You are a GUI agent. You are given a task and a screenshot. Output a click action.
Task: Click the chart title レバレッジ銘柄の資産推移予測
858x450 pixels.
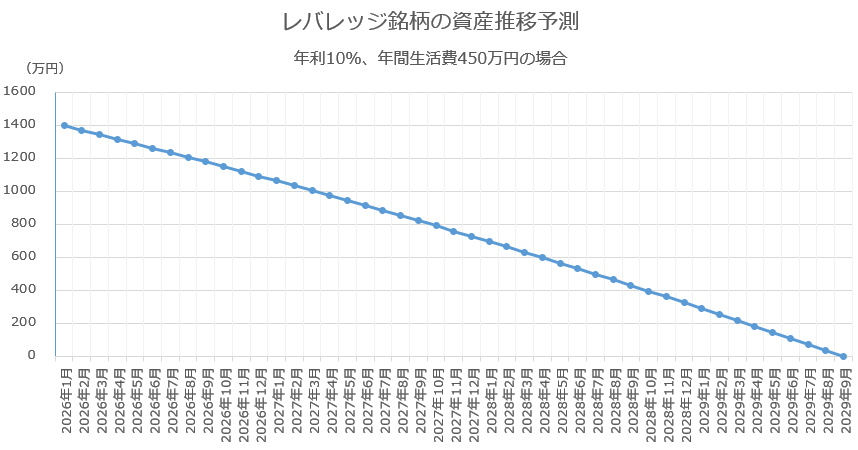[x=430, y=22]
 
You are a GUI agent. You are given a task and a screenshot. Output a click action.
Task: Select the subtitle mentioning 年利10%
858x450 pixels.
[x=430, y=58]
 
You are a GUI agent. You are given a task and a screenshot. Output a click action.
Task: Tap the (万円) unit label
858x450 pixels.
[x=44, y=68]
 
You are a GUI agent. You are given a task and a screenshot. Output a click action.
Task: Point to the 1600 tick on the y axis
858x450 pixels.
[x=19, y=91]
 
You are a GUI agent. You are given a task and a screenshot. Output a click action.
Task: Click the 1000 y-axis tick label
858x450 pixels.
[x=19, y=190]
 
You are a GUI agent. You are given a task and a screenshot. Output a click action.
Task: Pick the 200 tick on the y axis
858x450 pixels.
[x=23, y=322]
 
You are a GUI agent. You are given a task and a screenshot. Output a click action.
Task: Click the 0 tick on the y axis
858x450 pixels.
[x=32, y=355]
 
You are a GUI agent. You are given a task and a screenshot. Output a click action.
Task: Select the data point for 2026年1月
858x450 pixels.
[x=64, y=125]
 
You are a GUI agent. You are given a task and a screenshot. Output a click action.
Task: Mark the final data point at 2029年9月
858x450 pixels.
[x=843, y=356]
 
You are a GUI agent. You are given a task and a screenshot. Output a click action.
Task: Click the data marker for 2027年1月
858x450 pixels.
[x=276, y=180]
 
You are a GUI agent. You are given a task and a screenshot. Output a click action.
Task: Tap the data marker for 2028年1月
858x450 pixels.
[x=489, y=241]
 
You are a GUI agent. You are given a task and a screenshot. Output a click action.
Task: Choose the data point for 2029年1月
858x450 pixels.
[x=702, y=308]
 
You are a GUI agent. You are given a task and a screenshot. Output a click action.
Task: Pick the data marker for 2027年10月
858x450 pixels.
[x=436, y=226]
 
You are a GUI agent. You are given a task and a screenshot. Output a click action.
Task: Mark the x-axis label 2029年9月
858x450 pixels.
[x=846, y=401]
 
